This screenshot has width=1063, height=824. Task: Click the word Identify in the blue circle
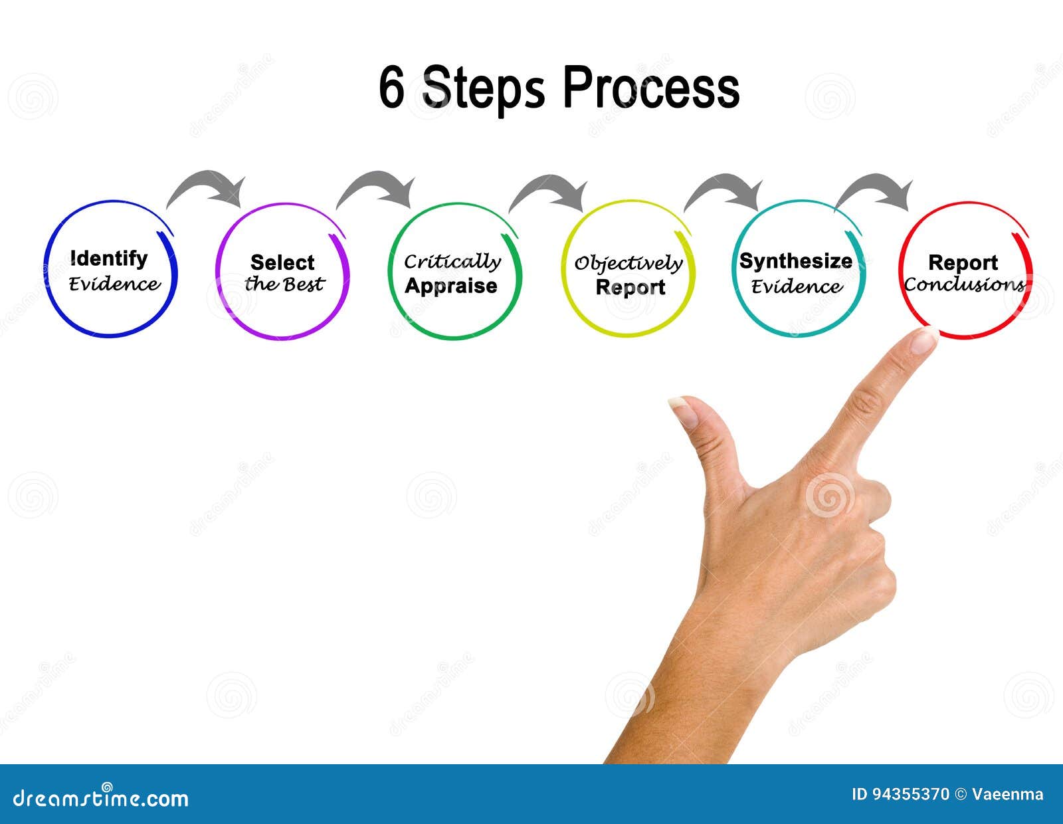pos(108,258)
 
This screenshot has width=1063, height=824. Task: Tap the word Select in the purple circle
pos(282,262)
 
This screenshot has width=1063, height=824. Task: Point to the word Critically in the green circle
pos(452,261)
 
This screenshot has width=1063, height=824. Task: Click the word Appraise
pos(451,286)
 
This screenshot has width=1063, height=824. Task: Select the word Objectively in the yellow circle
pos(628,263)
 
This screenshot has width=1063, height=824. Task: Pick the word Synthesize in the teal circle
pos(795,261)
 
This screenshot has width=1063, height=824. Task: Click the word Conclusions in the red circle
pos(964,285)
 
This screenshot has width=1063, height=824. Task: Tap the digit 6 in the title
pos(391,88)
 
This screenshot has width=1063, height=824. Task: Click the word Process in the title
pos(651,88)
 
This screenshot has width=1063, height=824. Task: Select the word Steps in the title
pos(483,89)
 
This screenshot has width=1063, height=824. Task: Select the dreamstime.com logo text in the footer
pos(101,797)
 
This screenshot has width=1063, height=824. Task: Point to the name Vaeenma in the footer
pos(1008,794)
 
